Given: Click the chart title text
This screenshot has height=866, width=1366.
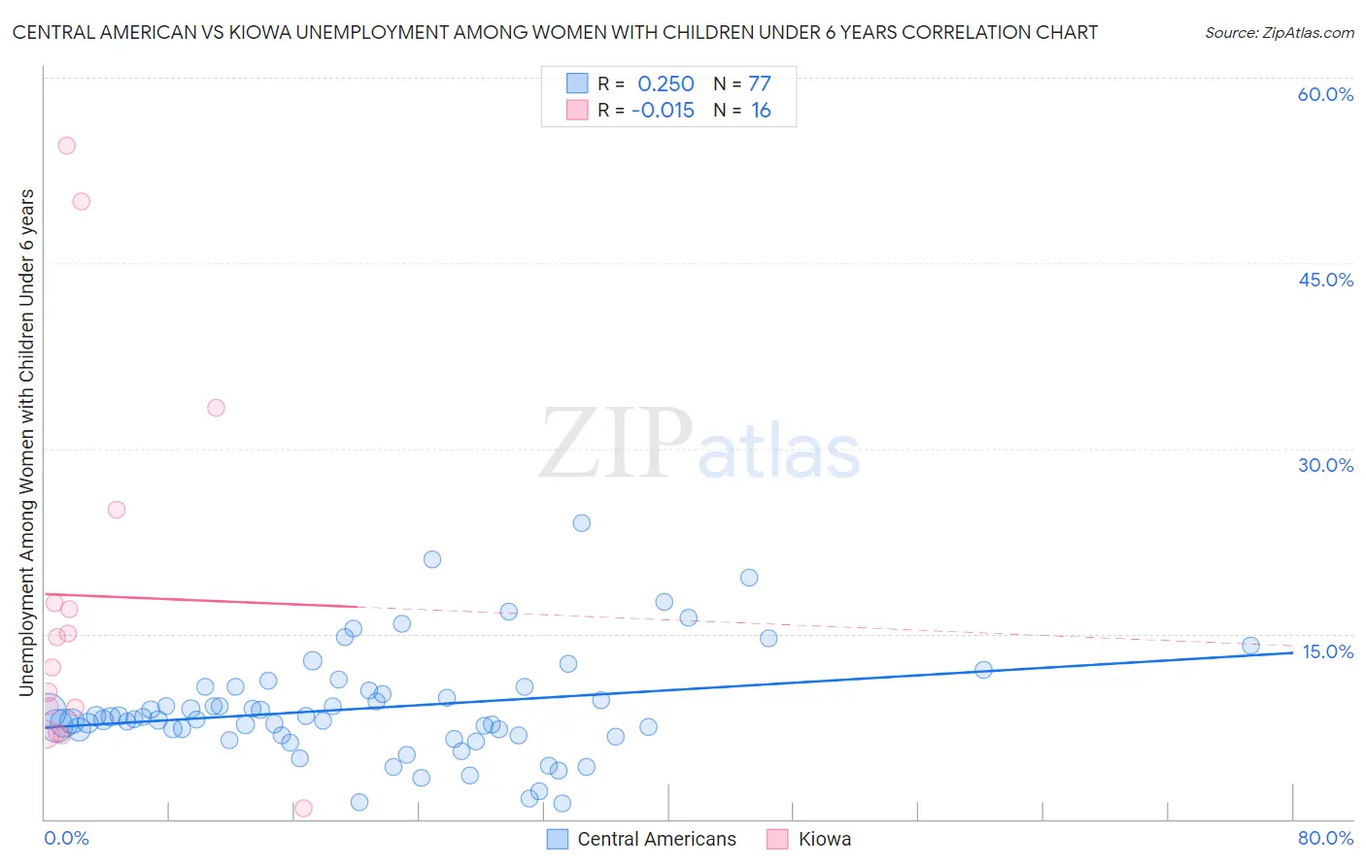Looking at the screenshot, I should point(555,32).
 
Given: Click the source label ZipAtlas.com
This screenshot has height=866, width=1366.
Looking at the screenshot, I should point(1279,32).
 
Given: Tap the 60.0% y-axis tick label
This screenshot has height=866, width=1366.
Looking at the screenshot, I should point(1325,94).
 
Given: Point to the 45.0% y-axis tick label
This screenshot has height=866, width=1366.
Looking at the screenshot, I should point(1325,280).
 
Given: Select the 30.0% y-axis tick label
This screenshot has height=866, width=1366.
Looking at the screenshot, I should point(1325,465).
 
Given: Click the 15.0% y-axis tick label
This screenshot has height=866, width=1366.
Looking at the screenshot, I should point(1327,651).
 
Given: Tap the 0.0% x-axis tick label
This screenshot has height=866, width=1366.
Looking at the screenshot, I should point(67,838).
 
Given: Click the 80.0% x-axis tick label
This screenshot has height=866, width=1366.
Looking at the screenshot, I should point(1325,838).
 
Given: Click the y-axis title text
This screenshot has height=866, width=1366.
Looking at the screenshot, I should point(27,443).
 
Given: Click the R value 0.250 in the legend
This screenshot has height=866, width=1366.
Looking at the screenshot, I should point(666,84).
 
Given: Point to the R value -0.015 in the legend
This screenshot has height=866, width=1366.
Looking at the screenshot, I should point(663,111).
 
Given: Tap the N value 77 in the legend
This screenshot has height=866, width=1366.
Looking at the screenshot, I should point(760,84).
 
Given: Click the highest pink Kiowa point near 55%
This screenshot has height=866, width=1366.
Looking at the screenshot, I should point(67,146).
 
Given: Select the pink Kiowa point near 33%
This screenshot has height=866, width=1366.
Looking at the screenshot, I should point(217,408).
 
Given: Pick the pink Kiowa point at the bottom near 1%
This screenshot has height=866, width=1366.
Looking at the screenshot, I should point(303,808).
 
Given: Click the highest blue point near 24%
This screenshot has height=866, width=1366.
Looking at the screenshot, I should point(582,523).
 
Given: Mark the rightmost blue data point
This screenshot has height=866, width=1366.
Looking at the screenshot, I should point(1251,646).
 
